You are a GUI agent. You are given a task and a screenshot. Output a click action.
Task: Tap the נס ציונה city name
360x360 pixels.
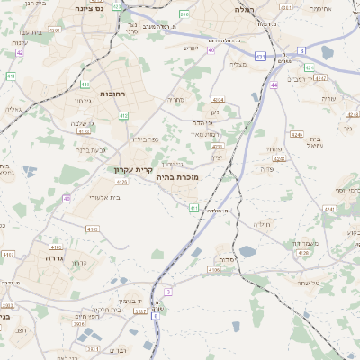[x=90, y=8]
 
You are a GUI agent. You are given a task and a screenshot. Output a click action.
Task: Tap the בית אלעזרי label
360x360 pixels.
[x=111, y=197]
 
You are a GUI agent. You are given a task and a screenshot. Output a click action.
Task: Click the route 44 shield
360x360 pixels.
[x=274, y=85]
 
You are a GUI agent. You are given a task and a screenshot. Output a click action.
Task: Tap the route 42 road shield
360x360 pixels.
[x=20, y=52]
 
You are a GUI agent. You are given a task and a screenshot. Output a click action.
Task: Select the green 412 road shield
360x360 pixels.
[x=125, y=116]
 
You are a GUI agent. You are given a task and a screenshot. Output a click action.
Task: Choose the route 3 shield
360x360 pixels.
[x=168, y=292]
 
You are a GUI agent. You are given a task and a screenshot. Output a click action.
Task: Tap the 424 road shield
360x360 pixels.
[x=309, y=67]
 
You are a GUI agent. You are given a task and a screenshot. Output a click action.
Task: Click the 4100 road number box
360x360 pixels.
[x=92, y=229]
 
